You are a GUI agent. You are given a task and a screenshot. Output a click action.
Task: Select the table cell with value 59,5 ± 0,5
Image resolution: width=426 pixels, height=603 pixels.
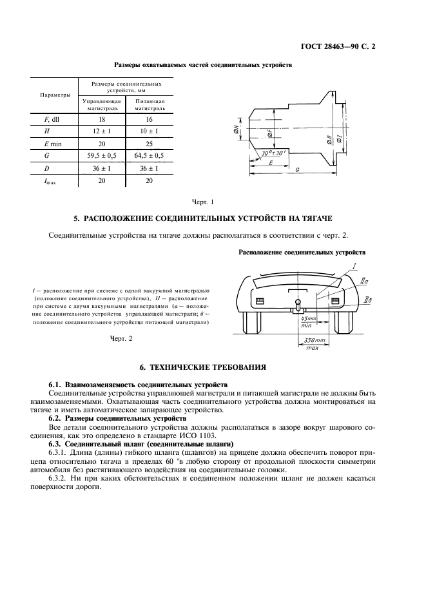point(101,155)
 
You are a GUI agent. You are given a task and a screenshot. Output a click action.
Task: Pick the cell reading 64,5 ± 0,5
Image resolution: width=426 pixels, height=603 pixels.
point(149,155)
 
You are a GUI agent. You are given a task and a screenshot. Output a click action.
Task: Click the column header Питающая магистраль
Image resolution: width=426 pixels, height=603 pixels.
point(149,105)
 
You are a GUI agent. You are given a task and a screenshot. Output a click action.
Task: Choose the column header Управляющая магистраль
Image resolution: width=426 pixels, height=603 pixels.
point(101,105)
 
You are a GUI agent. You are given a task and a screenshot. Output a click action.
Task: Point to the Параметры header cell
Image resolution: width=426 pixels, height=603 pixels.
point(55,95)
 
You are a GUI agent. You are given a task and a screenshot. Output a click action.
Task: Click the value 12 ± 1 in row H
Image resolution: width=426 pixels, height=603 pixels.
point(101,131)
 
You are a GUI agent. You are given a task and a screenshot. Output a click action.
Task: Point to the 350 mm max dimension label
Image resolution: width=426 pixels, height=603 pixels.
point(314,343)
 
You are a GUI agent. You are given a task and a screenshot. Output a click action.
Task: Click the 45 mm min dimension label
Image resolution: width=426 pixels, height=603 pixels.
point(309,321)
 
